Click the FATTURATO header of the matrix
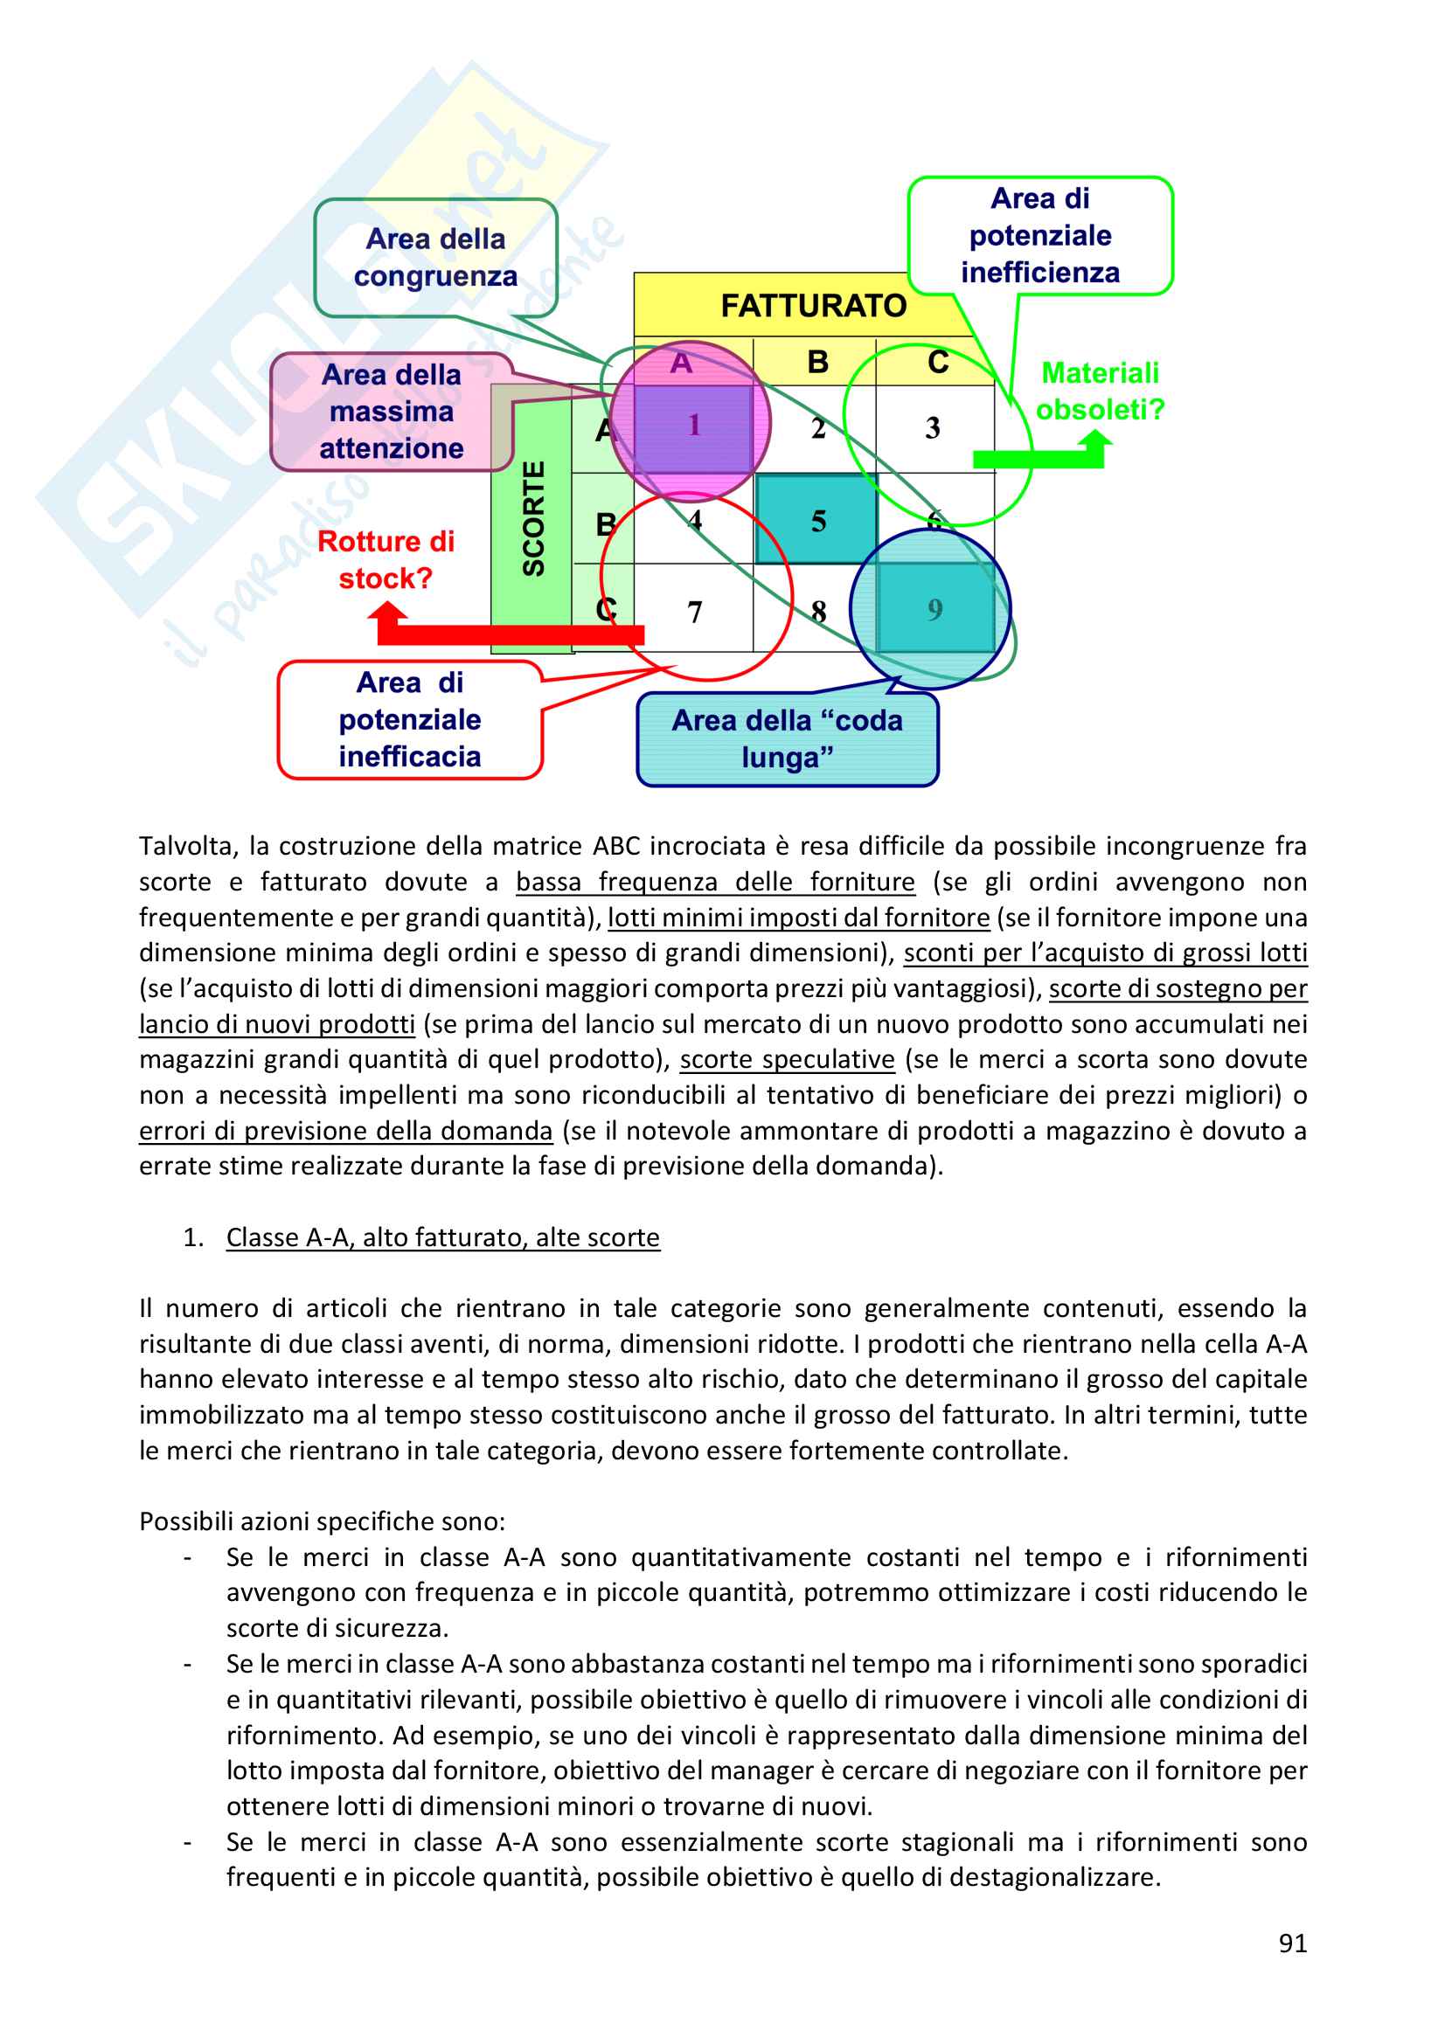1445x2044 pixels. [813, 305]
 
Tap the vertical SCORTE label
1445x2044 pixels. [533, 518]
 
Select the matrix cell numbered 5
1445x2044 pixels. [817, 520]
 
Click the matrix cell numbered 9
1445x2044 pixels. [934, 609]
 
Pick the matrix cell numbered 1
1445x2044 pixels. [693, 426]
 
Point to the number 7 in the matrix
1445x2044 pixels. [694, 612]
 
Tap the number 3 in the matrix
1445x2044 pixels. [932, 428]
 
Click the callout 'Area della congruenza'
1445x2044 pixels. [435, 257]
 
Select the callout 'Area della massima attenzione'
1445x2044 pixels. [392, 412]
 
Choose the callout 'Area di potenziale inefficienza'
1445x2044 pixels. [1040, 235]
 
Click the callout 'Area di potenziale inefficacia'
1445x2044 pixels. [410, 719]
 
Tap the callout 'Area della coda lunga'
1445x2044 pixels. [787, 739]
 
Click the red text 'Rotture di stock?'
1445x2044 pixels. [386, 559]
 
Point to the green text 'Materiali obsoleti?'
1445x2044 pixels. [1100, 391]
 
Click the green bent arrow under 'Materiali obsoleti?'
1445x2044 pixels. [1042, 456]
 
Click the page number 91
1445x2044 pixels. [1292, 1944]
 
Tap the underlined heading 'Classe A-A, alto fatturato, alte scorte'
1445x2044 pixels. [442, 1237]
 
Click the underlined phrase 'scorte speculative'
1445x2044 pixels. [787, 1059]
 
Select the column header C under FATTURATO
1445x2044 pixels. [937, 362]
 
